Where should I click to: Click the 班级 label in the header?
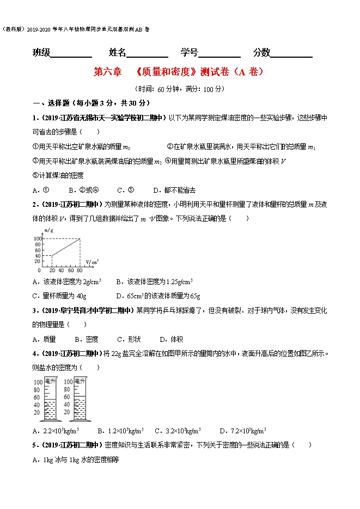tap(41, 52)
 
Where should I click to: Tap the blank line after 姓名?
tap(148, 53)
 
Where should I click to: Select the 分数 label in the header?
tap(261, 52)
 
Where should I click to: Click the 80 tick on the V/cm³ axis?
tap(80, 269)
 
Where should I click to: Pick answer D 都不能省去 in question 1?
tap(174, 190)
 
